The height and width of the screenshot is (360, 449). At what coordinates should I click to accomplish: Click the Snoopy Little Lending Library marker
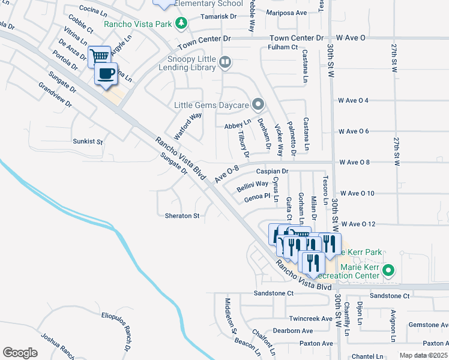pyautogui.click(x=224, y=61)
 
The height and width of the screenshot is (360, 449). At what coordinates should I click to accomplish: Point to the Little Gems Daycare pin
pyautogui.click(x=258, y=105)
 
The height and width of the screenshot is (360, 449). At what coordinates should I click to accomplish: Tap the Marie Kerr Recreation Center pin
pyautogui.click(x=388, y=271)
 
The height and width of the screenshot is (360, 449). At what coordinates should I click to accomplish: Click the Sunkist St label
pyautogui.click(x=88, y=142)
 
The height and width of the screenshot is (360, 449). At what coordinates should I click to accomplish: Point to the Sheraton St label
pyautogui.click(x=181, y=215)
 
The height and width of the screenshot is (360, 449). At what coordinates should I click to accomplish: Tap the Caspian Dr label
pyautogui.click(x=273, y=172)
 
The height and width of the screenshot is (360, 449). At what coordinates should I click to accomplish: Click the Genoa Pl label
pyautogui.click(x=258, y=196)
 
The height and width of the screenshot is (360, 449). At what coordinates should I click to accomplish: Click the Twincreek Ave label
pyautogui.click(x=310, y=319)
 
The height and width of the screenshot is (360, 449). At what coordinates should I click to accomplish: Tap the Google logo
pyautogui.click(x=20, y=352)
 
